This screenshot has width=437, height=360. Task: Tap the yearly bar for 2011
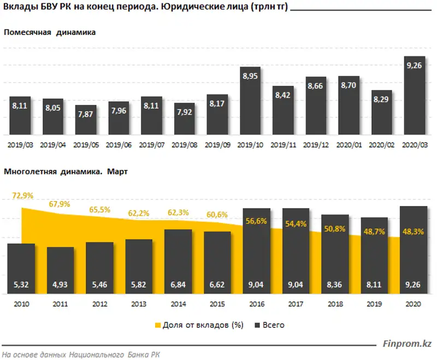(x=60, y=270)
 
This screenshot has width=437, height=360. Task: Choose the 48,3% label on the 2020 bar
(x=414, y=232)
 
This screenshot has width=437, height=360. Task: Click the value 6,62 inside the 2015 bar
(x=217, y=284)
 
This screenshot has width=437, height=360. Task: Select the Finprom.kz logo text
(x=408, y=343)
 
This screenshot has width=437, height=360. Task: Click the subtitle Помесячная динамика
(x=50, y=32)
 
